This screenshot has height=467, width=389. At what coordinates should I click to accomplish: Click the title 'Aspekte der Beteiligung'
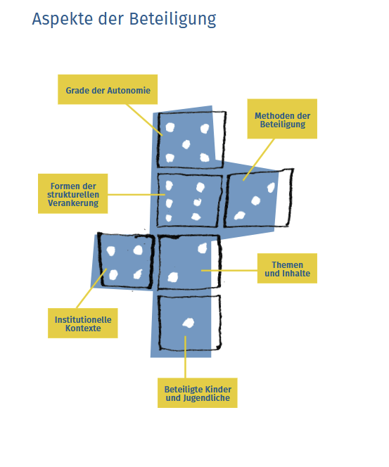[x=124, y=20]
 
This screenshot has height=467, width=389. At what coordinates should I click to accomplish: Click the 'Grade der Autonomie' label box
[x=108, y=89]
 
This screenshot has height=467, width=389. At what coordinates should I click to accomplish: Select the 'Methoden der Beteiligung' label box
[x=282, y=119]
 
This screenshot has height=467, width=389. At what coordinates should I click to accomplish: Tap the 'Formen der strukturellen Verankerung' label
[x=72, y=193]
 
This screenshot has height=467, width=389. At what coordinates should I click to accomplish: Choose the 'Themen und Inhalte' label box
[x=287, y=269]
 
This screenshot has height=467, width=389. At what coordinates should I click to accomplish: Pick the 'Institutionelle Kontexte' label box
[x=83, y=323]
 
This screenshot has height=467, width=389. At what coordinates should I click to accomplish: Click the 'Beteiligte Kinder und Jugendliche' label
[x=198, y=393]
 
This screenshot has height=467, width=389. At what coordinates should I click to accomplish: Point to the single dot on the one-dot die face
[x=189, y=323]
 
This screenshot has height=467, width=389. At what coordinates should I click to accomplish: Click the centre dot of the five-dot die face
[x=186, y=144]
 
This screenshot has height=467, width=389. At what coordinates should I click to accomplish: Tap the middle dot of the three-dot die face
[x=255, y=200]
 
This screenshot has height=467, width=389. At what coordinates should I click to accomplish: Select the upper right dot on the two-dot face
[x=203, y=248]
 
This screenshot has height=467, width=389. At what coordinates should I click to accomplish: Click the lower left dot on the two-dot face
[x=173, y=277]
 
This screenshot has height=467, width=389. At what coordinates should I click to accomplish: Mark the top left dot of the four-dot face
[x=111, y=251]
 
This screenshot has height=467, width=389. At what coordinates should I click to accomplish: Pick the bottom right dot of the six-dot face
[x=196, y=217]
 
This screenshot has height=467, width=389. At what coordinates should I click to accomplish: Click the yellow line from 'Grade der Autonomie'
[x=144, y=120]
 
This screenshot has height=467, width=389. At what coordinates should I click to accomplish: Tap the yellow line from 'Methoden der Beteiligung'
[x=258, y=160]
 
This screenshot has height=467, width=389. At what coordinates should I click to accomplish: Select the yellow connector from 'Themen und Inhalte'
[x=229, y=271]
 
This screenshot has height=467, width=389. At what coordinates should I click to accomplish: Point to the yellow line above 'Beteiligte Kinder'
[x=185, y=357]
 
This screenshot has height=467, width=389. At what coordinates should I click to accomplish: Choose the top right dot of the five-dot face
[x=205, y=129]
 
